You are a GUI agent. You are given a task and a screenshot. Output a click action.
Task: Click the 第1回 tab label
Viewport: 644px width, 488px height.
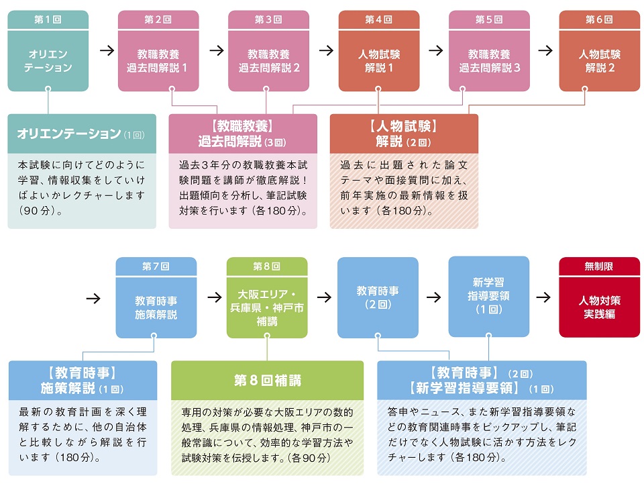click(x=48, y=20)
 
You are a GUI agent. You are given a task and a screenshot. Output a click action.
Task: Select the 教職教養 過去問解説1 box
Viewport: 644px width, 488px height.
click(x=158, y=60)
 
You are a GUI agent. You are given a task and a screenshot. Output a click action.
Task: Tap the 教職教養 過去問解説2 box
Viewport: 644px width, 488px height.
click(x=268, y=60)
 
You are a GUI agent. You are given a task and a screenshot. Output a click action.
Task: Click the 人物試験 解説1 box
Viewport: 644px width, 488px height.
click(x=378, y=60)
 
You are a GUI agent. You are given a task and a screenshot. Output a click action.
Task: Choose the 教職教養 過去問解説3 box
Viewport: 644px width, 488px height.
click(x=489, y=60)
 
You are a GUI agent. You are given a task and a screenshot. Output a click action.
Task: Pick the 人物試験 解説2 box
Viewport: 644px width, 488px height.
click(x=599, y=60)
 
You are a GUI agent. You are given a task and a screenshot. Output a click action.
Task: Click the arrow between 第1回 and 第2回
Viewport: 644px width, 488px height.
click(x=106, y=50)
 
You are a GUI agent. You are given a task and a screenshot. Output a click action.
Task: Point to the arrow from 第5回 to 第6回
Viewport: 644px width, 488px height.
click(x=545, y=50)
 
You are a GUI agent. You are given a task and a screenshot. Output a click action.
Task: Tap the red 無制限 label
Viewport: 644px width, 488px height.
click(x=598, y=266)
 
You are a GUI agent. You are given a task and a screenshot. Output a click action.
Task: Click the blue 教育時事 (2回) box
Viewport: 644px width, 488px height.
click(x=378, y=297)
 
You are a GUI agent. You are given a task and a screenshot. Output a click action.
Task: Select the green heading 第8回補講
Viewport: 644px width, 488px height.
click(x=267, y=381)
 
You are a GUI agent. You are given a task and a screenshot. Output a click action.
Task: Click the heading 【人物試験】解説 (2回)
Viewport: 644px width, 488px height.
click(x=403, y=133)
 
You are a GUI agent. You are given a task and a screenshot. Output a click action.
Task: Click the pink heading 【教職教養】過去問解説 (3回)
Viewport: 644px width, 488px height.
click(x=242, y=133)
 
